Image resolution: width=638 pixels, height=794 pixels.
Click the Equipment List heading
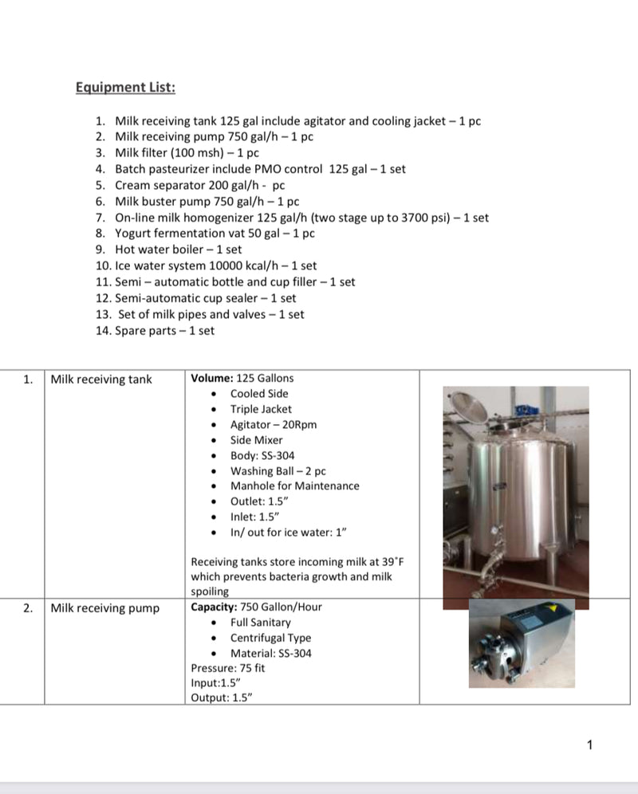tap(125, 87)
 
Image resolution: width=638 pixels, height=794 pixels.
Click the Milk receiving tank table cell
tap(101, 379)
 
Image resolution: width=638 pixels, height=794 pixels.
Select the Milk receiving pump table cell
tap(104, 608)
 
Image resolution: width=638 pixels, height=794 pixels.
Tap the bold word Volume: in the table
tap(211, 378)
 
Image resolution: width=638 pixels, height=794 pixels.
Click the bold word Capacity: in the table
tap(213, 607)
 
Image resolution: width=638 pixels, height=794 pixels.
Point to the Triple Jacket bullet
tap(261, 409)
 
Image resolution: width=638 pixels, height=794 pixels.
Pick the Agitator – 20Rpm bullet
tap(274, 424)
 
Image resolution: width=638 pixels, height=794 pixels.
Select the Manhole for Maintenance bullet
tap(294, 485)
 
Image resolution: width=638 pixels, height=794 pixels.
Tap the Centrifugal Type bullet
tap(270, 638)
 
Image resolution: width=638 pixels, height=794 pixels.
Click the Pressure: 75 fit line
tap(228, 668)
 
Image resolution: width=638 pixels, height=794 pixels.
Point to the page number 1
tap(589, 745)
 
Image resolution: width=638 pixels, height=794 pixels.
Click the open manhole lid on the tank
tap(471, 409)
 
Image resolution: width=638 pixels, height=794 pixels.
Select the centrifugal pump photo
tap(521, 644)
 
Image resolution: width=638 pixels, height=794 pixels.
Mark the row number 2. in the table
tap(28, 608)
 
